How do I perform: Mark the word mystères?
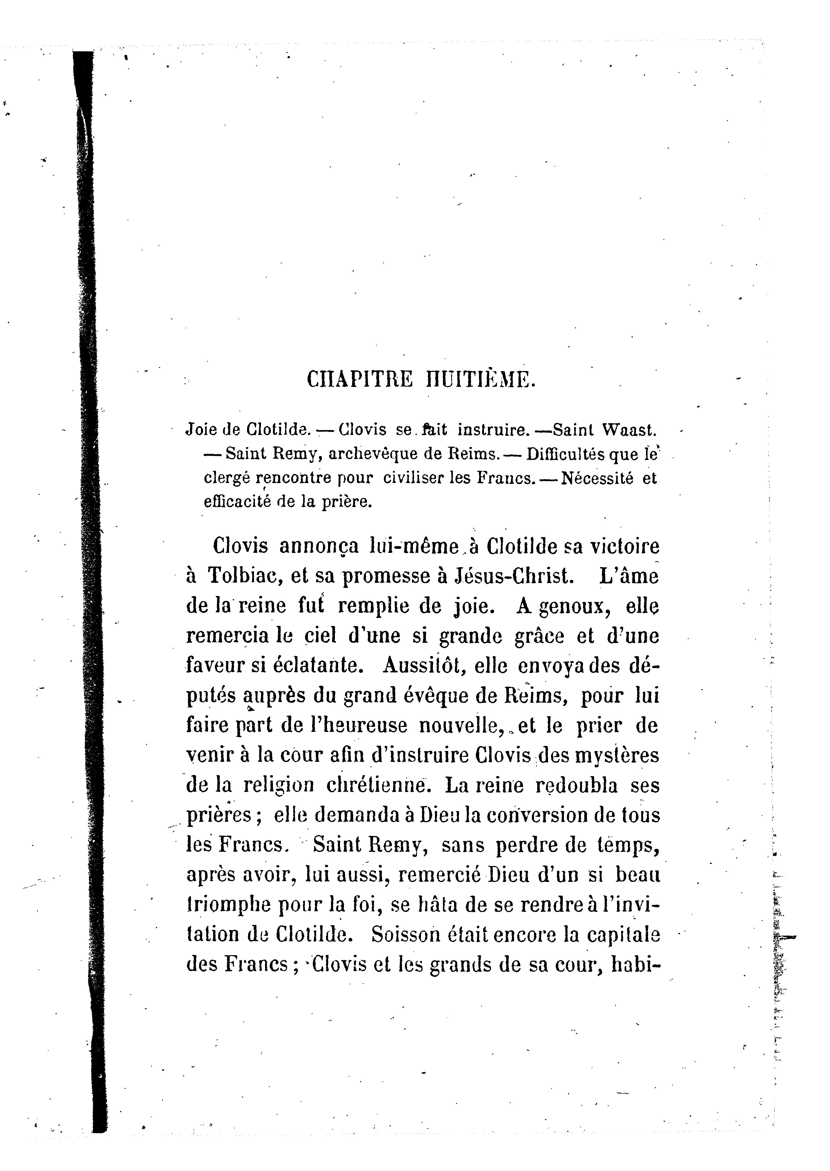pos(617,755)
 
